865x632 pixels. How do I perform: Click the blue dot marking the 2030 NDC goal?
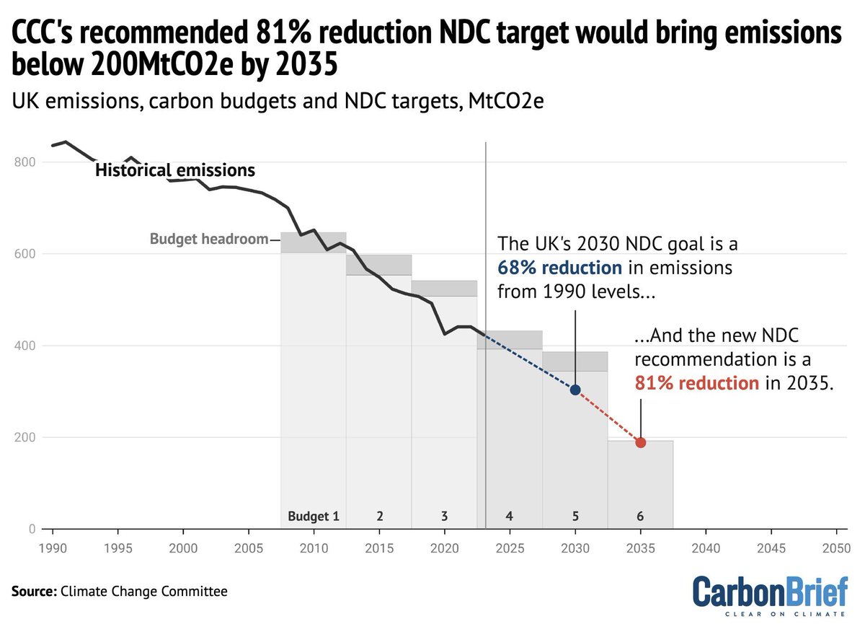click(x=575, y=390)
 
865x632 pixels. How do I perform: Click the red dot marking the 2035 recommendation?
click(x=640, y=442)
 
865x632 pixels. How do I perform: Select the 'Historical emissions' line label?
click(x=175, y=171)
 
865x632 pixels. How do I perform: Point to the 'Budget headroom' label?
click(x=208, y=239)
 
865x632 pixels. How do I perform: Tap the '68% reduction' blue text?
click(x=559, y=268)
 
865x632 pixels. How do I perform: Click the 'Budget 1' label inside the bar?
click(x=313, y=517)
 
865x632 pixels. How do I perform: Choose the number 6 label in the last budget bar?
click(x=640, y=517)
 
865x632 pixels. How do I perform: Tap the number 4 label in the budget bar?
click(x=510, y=517)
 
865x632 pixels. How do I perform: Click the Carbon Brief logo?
click(x=770, y=596)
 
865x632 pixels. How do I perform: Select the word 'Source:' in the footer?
click(x=32, y=592)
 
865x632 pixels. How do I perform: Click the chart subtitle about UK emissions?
click(x=278, y=102)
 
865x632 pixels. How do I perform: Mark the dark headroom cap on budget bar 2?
click(x=378, y=265)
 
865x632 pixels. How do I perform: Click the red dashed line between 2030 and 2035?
click(x=608, y=416)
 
